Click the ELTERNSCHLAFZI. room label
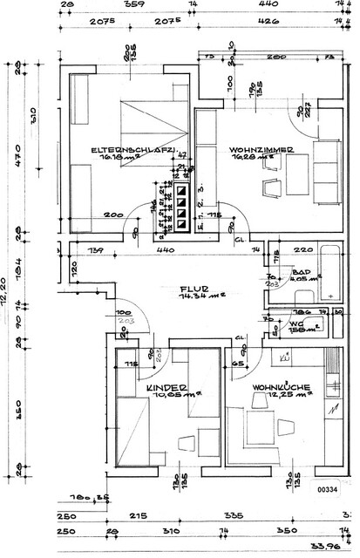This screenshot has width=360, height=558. [135, 151]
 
